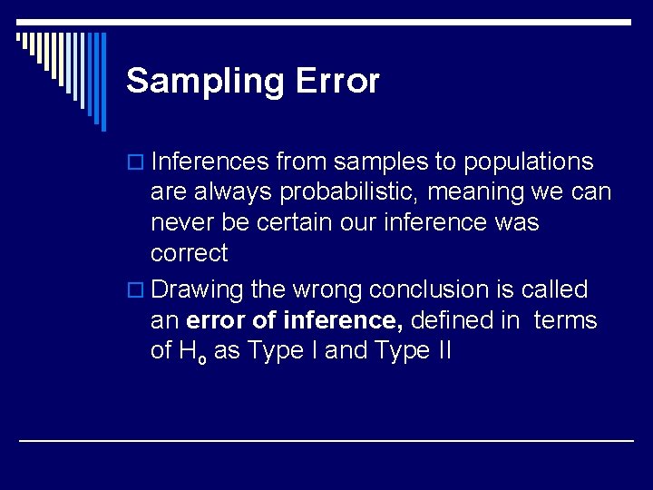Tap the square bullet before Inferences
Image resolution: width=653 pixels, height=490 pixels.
click(x=137, y=163)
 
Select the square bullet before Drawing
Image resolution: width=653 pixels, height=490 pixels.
click(x=137, y=291)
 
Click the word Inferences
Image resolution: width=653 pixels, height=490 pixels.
click(x=210, y=162)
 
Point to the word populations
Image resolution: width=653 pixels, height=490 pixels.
click(x=529, y=162)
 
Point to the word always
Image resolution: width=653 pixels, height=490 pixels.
click(x=229, y=193)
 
